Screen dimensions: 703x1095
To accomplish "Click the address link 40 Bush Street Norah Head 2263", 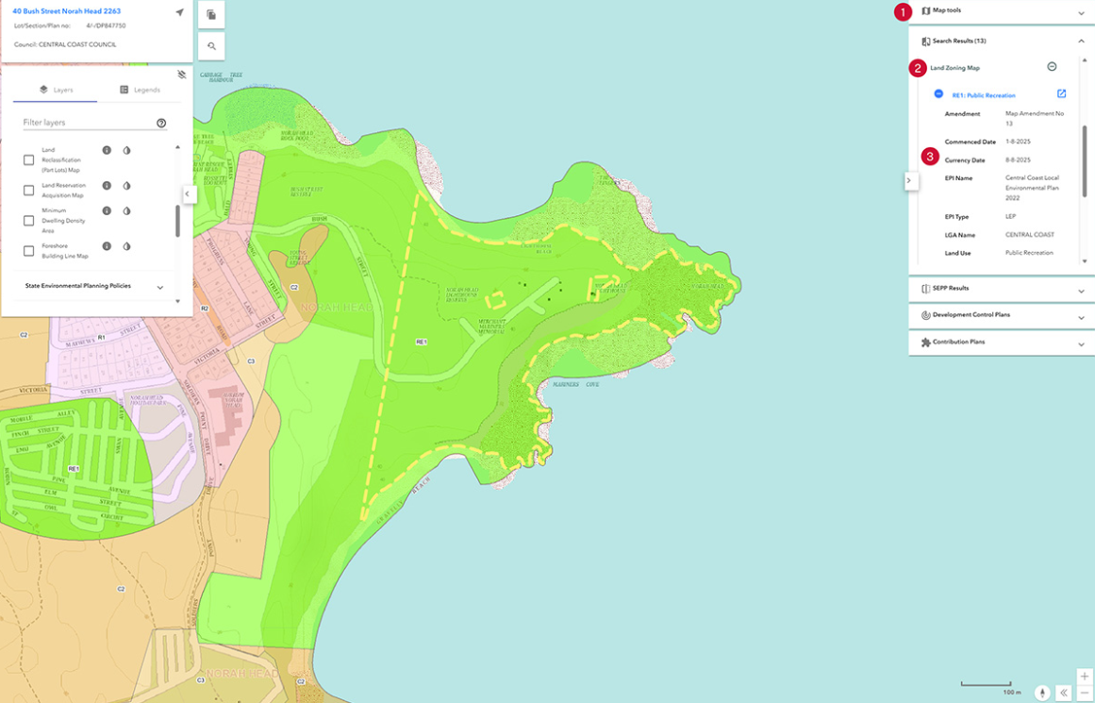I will pyautogui.click(x=66, y=11).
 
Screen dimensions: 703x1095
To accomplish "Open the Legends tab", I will pyautogui.click(x=140, y=90).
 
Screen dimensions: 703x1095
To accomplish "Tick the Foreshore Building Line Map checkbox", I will pyautogui.click(x=28, y=251).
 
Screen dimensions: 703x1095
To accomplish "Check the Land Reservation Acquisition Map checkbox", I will pyautogui.click(x=28, y=191).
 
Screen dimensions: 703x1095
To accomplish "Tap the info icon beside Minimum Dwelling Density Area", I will pyautogui.click(x=107, y=211).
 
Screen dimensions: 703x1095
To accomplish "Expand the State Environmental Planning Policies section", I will pyautogui.click(x=159, y=287).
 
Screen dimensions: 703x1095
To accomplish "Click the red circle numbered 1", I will pyautogui.click(x=904, y=11).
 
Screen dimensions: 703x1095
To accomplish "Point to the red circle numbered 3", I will pyautogui.click(x=931, y=156).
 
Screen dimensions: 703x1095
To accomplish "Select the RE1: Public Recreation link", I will pyautogui.click(x=984, y=95).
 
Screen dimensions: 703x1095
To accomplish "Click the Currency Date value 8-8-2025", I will pyautogui.click(x=1018, y=160).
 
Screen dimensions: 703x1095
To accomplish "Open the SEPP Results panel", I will pyautogui.click(x=950, y=289).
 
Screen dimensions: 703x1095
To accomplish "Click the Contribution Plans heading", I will pyautogui.click(x=958, y=343).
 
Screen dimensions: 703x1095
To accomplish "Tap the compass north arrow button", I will pyautogui.click(x=1042, y=693).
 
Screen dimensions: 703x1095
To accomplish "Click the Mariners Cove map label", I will pyautogui.click(x=577, y=384).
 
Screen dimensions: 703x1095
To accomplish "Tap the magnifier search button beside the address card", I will pyautogui.click(x=211, y=45).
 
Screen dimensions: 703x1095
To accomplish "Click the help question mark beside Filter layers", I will pyautogui.click(x=161, y=123).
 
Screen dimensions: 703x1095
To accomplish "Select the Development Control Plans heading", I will pyautogui.click(x=971, y=315).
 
